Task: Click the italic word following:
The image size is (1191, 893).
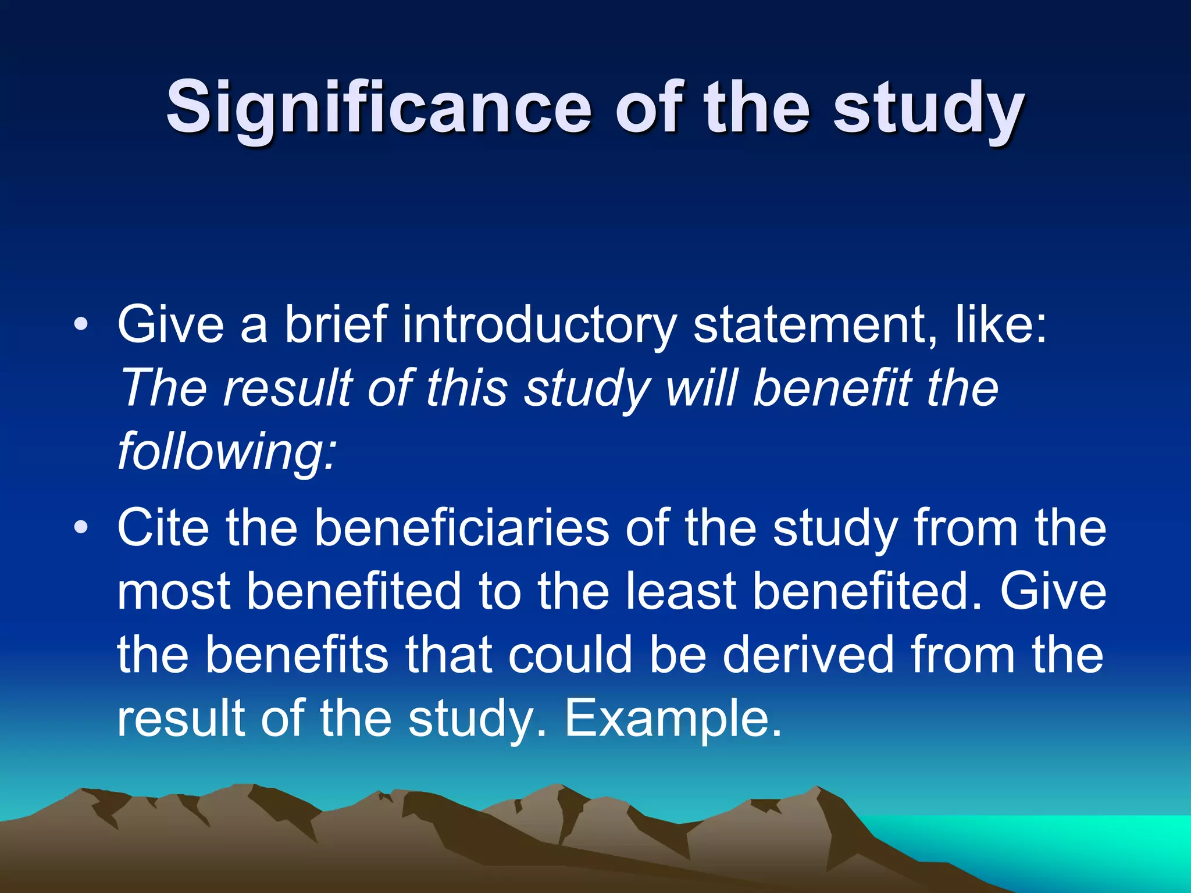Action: tap(227, 452)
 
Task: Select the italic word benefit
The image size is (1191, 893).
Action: tap(832, 388)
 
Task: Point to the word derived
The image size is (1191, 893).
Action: tap(808, 655)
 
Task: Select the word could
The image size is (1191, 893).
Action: tap(570, 655)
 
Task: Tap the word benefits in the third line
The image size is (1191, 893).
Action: tap(296, 655)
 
